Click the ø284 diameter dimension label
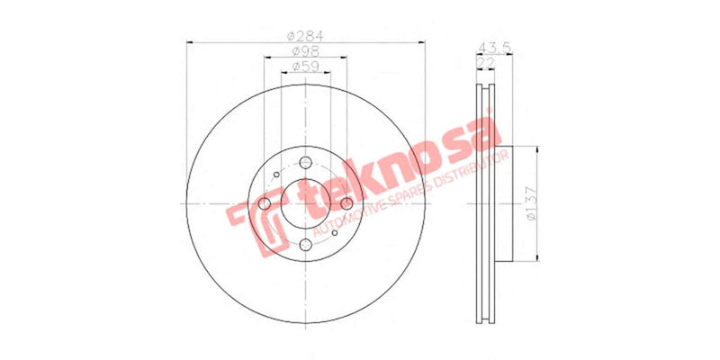point(305,36)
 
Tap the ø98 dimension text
point(305,52)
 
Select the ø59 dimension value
point(305,67)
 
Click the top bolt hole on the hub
point(305,163)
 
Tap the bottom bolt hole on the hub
point(305,245)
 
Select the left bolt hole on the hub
point(265,204)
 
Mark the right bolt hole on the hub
point(346,204)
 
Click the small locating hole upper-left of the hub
point(276,175)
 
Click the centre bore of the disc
point(305,204)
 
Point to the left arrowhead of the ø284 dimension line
point(191,42)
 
